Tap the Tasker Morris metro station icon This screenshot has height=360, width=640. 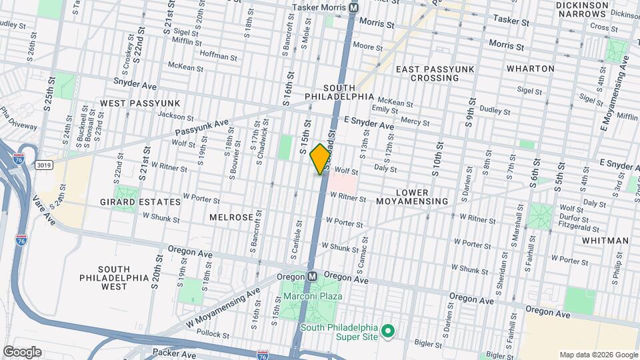click(x=354, y=8)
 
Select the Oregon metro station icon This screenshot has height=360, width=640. click(x=311, y=276)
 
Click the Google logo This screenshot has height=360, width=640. click(x=22, y=351)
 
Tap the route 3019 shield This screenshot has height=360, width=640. click(x=44, y=164)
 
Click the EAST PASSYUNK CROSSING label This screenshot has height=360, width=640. click(x=427, y=73)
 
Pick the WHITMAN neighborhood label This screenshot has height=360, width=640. click(x=605, y=240)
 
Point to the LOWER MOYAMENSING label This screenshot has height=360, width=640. click(x=421, y=197)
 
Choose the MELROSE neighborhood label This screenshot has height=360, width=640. click(x=231, y=217)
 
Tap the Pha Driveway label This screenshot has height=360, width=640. click(x=19, y=117)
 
